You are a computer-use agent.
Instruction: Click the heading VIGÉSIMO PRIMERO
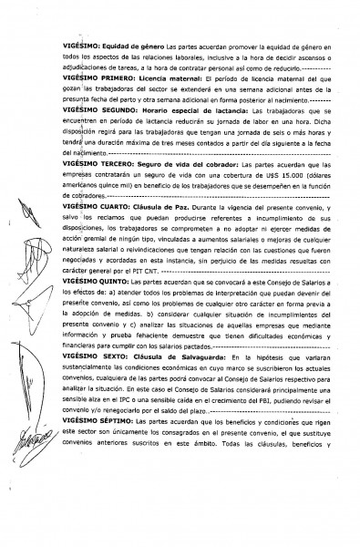click(93, 85)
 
